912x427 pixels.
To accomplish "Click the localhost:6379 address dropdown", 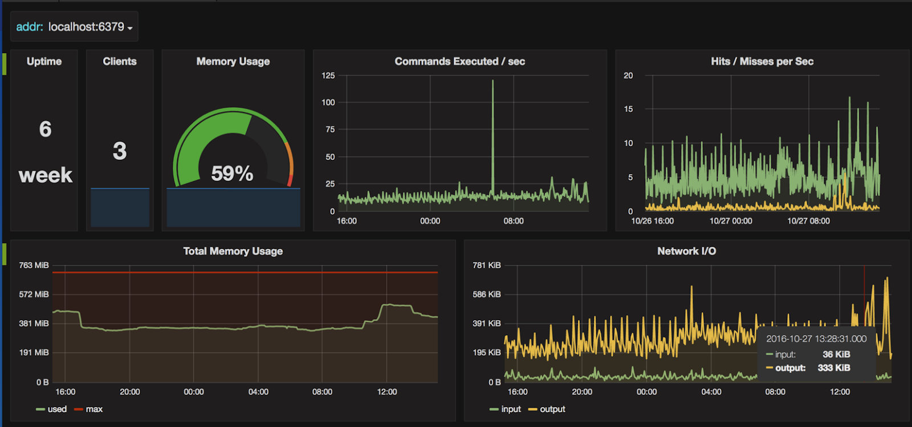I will (74, 27).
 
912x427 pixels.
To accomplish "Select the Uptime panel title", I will (44, 62).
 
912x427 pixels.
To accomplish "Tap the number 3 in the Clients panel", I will (120, 151).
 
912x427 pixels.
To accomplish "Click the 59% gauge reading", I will (232, 174).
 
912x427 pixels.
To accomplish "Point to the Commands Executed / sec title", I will (459, 62).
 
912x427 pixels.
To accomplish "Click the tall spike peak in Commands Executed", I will (493, 82).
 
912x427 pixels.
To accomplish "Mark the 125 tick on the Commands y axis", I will (328, 75).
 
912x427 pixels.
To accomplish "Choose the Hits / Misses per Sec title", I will (762, 62).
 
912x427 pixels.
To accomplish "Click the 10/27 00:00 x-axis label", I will (731, 221).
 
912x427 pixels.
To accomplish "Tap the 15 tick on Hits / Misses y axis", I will (628, 109).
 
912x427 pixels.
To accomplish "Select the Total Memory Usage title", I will (233, 251).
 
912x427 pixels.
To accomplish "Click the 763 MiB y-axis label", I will (34, 265).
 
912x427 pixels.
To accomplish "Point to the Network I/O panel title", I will (686, 251).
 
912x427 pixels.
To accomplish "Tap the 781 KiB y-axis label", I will (486, 265).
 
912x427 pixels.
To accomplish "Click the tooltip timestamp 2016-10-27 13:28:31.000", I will (816, 339).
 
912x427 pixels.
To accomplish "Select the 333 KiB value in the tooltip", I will (834, 368).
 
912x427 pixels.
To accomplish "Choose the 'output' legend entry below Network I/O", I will (552, 409).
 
